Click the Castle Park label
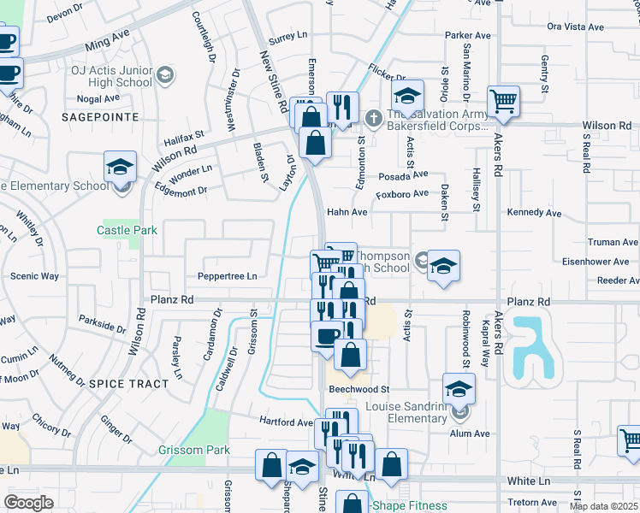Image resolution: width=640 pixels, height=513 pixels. [x=127, y=231]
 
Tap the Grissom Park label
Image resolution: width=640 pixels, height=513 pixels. [x=194, y=450]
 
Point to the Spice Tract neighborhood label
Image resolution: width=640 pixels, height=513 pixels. [x=129, y=384]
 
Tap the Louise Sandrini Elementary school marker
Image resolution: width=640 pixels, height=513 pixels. [x=459, y=391]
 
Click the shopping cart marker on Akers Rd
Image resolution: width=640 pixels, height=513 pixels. [x=504, y=103]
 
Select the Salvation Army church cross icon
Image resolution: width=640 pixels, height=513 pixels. [x=372, y=117]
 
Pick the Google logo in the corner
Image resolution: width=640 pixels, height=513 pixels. [x=28, y=502]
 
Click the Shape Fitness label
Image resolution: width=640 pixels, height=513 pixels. [x=409, y=505]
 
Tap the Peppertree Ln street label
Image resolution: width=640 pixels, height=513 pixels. [x=227, y=277]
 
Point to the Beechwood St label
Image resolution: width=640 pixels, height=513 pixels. [x=359, y=389]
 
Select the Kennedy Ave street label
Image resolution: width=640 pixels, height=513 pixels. [x=532, y=212]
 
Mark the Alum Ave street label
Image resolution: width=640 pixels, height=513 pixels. [x=470, y=433]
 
